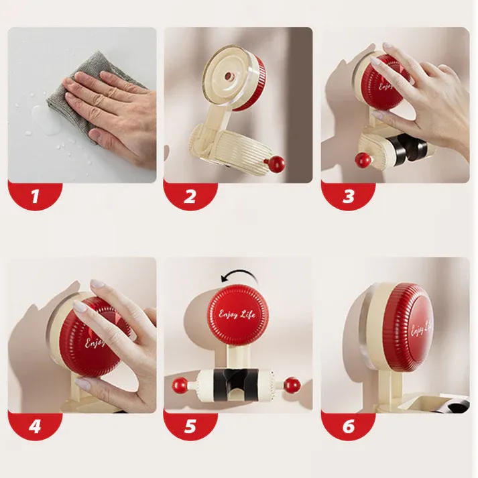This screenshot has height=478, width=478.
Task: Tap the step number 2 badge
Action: [190, 196]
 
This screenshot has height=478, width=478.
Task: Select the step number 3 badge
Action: [347, 196]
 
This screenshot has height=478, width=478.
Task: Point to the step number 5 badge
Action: [190, 426]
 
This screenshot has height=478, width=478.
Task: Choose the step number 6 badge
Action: [347, 426]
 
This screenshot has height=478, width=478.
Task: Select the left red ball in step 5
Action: [180, 385]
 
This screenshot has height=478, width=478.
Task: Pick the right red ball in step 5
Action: [292, 385]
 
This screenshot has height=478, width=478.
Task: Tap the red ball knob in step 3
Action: [363, 160]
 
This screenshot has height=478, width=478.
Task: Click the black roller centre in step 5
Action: [236, 383]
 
